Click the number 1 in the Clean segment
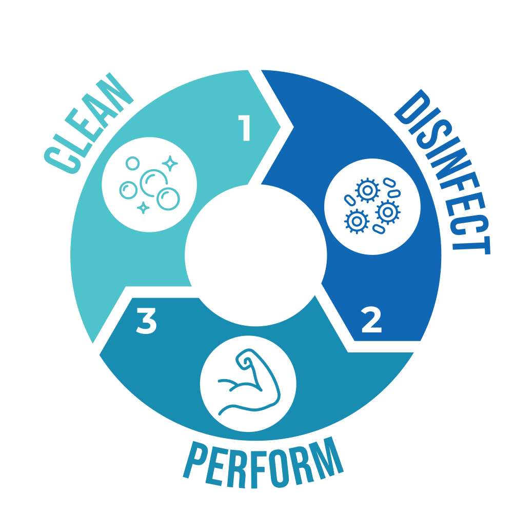[245, 128]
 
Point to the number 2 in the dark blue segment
[371, 321]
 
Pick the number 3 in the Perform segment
[146, 322]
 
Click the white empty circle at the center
[255, 255]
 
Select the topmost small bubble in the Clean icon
[133, 163]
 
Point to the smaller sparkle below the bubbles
[144, 208]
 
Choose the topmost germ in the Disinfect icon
[367, 190]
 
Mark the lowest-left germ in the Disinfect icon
[356, 221]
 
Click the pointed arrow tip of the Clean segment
[281, 125]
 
